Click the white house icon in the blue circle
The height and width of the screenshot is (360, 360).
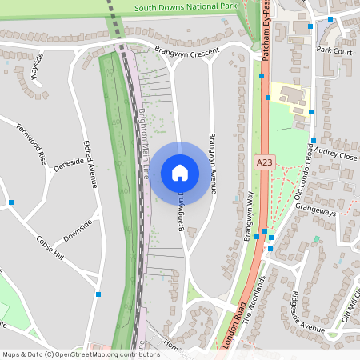pos(180,172)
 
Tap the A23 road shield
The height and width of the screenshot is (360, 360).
pos(265,162)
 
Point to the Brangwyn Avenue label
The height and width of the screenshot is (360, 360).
pos(212,165)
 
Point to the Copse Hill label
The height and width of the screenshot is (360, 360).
pos(47,246)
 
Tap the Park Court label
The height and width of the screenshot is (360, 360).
pos(334,50)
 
